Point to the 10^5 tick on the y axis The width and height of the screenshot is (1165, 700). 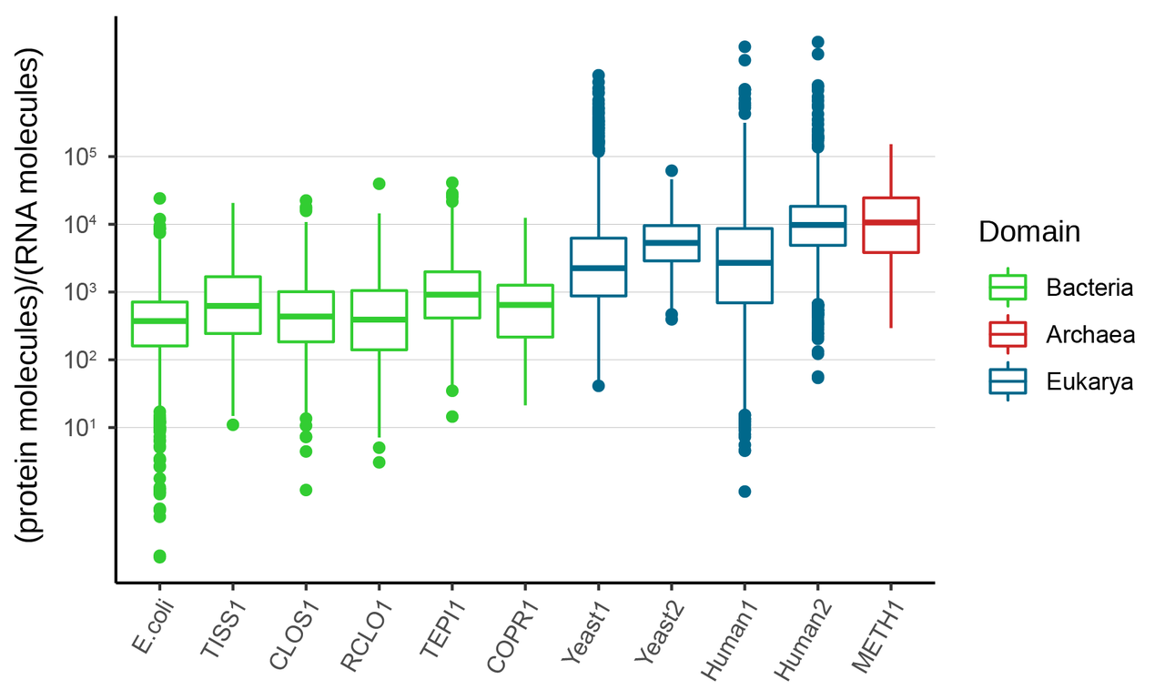pos(81,157)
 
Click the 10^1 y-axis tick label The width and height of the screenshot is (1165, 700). pos(81,428)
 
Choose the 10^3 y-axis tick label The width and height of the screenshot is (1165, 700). pos(81,292)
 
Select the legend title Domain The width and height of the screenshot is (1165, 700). pos(1029,232)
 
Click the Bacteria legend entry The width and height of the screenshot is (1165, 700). pos(1089,289)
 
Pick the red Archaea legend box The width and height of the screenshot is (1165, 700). pos(1008,335)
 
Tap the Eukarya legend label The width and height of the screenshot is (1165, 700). pos(1089,382)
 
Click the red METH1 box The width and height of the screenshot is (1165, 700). pos(890,226)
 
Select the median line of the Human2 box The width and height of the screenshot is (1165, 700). pos(817,225)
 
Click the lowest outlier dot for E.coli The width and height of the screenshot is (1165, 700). pos(159,556)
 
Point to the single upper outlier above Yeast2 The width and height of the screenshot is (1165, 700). pos(672,171)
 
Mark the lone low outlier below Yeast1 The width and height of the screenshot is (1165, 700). pos(599,386)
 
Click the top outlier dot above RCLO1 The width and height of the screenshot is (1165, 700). pos(379,184)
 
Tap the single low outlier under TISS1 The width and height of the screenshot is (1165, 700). pos(233,425)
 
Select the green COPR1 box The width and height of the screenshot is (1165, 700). pos(525,311)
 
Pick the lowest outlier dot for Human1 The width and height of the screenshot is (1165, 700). pos(745,492)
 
